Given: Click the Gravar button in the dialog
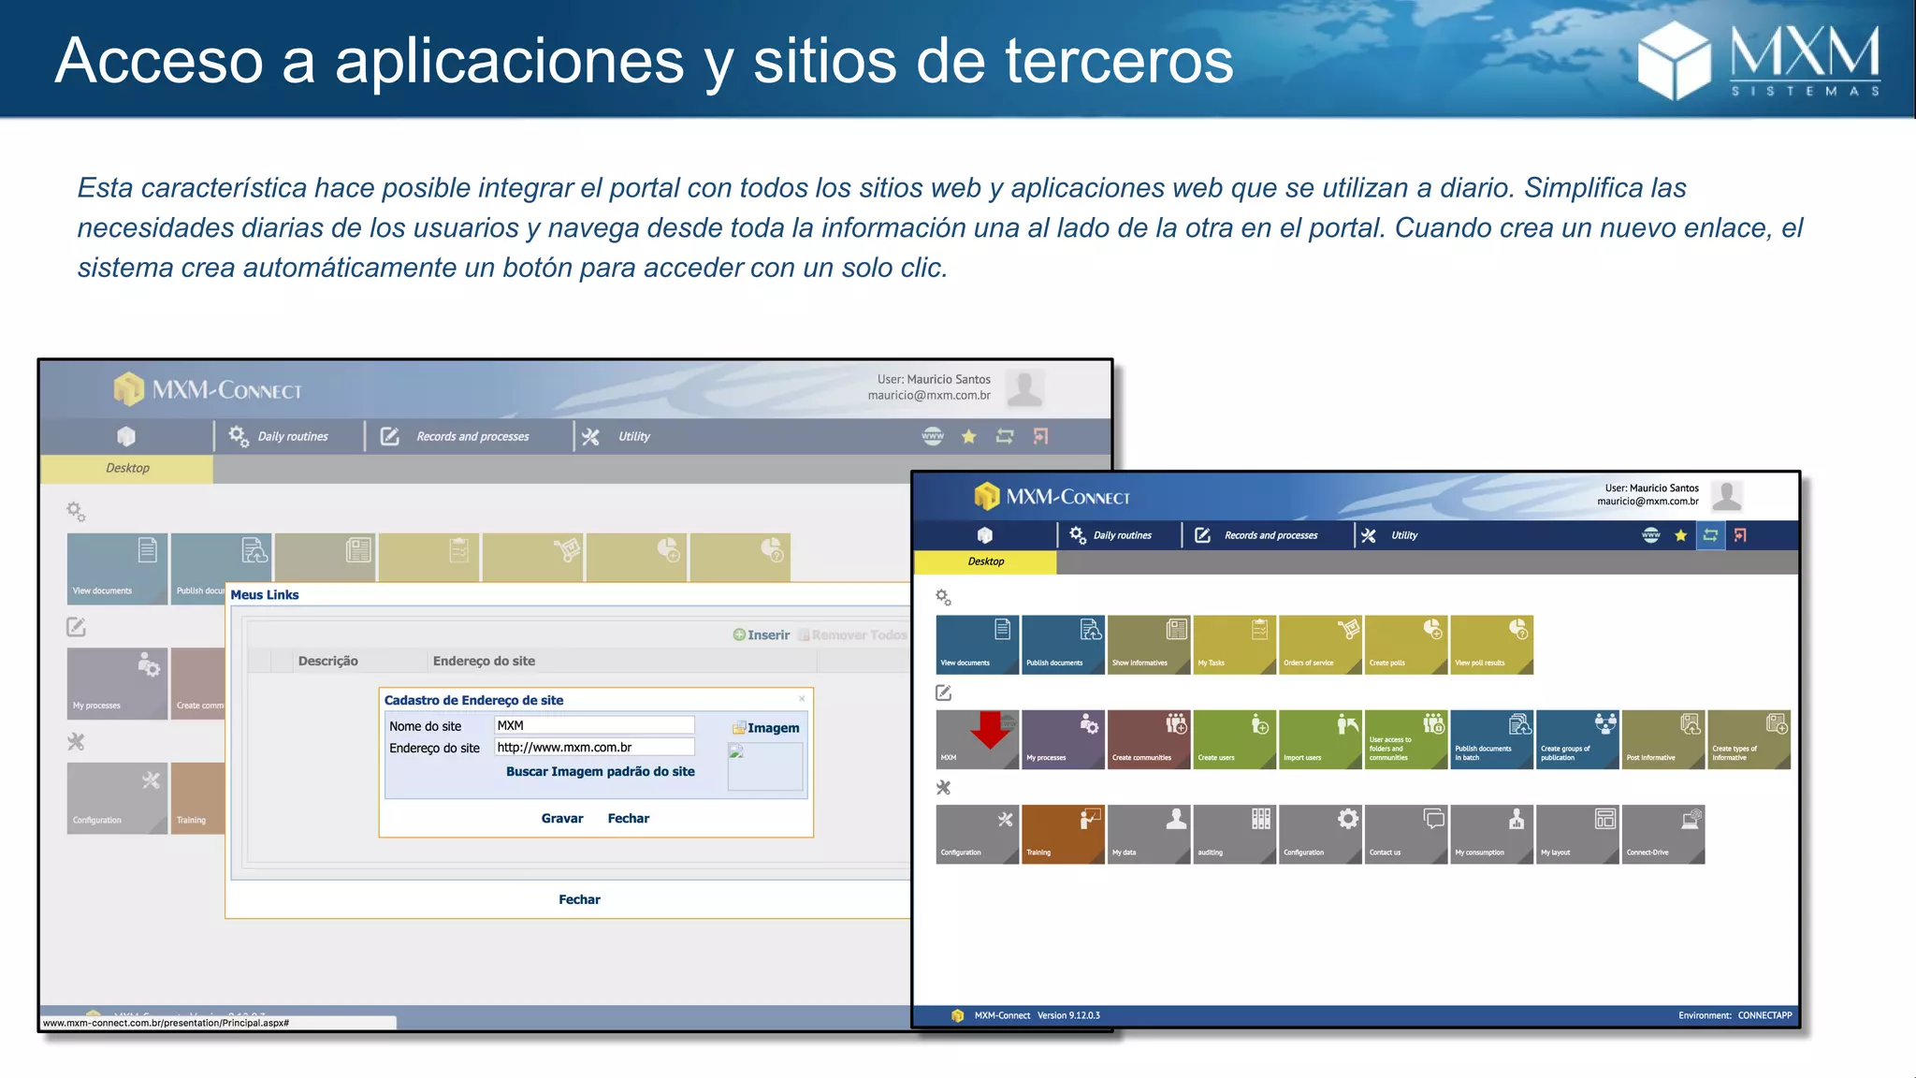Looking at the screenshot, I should (562, 819).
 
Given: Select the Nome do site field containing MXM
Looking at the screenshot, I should (594, 725).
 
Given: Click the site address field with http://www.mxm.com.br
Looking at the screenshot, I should (594, 747).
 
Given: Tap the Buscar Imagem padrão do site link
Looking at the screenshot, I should (600, 772).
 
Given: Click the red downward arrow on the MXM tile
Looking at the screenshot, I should (990, 730).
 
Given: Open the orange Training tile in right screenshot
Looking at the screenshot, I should (1063, 834).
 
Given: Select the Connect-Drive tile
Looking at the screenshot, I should (1663, 834).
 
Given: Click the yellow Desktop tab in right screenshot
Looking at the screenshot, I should (985, 561).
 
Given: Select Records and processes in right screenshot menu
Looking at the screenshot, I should (1270, 535).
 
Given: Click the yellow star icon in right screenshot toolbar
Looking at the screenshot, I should (1680, 535).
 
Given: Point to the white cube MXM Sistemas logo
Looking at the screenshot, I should (1673, 60).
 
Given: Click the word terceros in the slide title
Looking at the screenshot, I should (1119, 62).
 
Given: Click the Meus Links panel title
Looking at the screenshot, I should (265, 595).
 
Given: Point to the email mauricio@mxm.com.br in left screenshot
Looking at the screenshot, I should (929, 395).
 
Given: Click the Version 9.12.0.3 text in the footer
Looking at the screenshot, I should (1068, 1015).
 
